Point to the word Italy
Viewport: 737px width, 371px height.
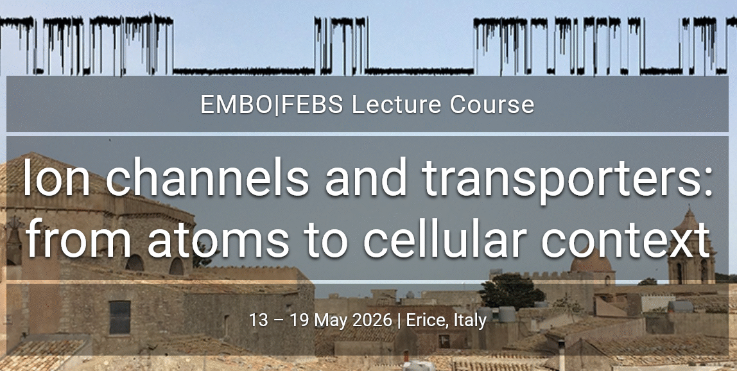(470, 322)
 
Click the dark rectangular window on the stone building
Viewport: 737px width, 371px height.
(120, 317)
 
